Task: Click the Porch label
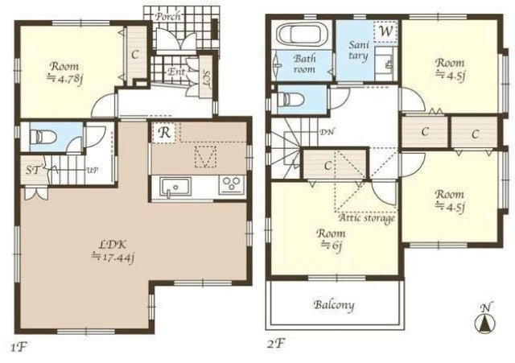pos(168,16)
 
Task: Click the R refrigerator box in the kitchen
pos(164,133)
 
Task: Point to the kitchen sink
pos(175,188)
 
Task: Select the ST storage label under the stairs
pos(33,171)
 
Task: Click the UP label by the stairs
pos(93,171)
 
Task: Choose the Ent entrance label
pos(176,72)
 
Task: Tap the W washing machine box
pos(386,31)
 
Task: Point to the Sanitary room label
pos(359,50)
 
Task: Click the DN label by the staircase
pos(328,132)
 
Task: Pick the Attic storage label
pos(366,218)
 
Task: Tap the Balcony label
pos(334,305)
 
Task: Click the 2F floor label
pos(276,344)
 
